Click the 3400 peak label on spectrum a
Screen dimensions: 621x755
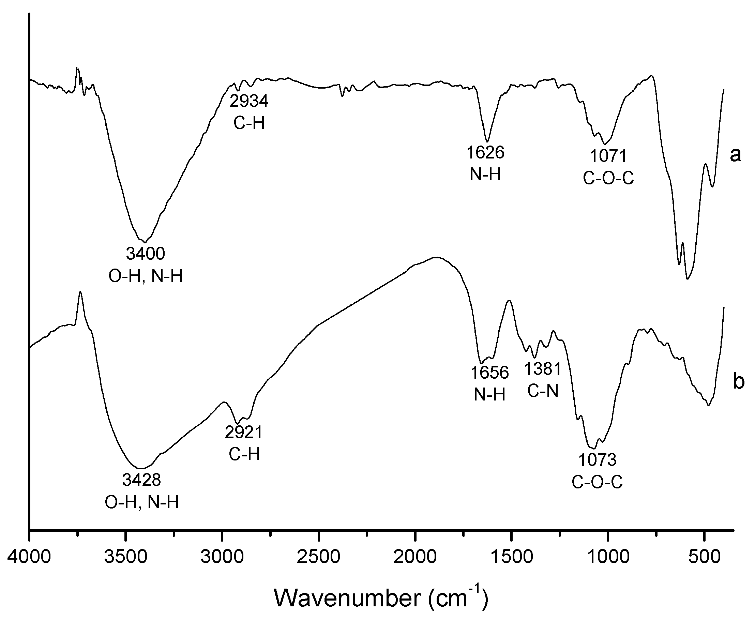click(146, 254)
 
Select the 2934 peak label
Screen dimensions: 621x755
click(249, 102)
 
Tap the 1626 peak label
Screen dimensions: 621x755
click(485, 153)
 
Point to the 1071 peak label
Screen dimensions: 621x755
click(608, 156)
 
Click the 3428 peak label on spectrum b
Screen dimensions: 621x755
click(142, 480)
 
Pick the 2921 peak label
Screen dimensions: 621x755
click(244, 433)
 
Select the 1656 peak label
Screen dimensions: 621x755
click(489, 373)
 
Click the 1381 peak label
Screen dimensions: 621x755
click(543, 369)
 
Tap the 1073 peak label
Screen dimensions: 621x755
click(597, 460)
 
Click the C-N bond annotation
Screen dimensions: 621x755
click(543, 391)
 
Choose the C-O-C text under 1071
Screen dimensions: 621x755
click(608, 178)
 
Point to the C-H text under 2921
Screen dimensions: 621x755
click(244, 455)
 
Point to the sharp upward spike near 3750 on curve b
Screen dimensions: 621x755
click(80, 293)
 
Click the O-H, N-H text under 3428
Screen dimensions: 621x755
click(142, 502)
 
